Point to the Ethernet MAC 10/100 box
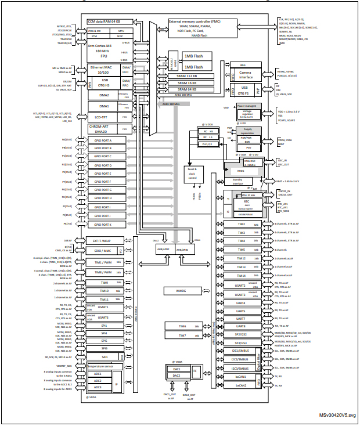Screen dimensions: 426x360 click(x=102, y=70)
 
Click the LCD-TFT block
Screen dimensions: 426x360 click(x=102, y=117)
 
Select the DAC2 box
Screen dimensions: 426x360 click(x=177, y=376)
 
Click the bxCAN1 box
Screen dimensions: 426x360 click(x=240, y=377)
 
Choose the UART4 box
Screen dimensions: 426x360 click(x=240, y=302)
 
